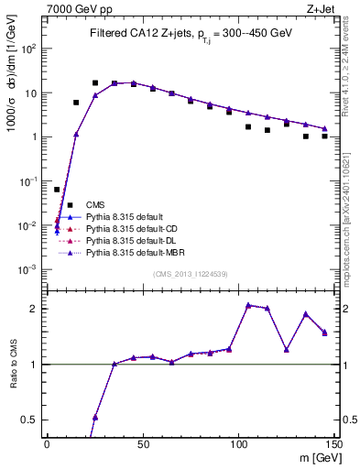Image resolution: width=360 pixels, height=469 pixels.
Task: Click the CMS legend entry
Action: pos(95,204)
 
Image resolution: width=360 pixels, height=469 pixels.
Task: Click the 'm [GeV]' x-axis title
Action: pos(313,457)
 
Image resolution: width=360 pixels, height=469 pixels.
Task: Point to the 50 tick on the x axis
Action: pos(143,443)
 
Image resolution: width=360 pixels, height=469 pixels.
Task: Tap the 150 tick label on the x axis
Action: pos(333,443)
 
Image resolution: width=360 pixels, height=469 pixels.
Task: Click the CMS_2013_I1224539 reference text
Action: pos(191,274)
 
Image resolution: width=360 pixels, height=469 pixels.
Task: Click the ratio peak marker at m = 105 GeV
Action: pos(247,305)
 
